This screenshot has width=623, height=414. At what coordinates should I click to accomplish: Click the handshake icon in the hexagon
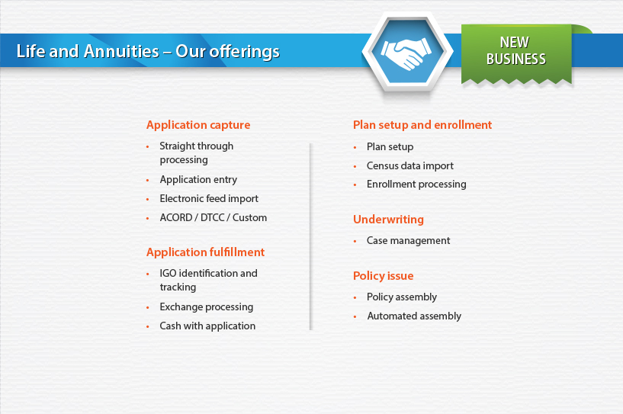(x=406, y=53)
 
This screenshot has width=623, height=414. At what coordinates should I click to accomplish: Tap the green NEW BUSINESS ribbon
(x=516, y=54)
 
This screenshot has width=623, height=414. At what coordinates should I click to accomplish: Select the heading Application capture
(x=198, y=125)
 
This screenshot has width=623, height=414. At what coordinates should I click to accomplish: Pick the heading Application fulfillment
(x=205, y=252)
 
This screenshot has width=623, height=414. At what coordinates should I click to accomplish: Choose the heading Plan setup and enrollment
(x=422, y=125)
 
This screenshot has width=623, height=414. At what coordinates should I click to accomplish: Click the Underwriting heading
(x=388, y=220)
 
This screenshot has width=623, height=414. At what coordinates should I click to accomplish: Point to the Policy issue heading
(x=383, y=276)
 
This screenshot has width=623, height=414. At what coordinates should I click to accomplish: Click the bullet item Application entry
(x=198, y=180)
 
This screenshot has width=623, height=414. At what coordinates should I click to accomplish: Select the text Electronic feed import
(x=209, y=199)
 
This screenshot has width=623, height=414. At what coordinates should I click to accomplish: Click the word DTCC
(x=212, y=218)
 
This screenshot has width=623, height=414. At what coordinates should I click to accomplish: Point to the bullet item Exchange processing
(x=206, y=307)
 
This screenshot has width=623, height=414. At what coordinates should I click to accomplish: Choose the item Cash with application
(x=207, y=326)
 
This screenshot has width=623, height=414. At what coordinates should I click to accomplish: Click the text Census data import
(x=410, y=166)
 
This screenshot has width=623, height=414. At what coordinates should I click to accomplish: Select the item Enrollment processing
(x=416, y=185)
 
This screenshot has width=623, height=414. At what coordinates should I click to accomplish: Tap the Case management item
(x=408, y=241)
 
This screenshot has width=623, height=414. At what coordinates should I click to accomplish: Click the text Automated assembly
(x=414, y=316)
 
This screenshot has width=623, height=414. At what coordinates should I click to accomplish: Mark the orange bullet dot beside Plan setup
(x=355, y=148)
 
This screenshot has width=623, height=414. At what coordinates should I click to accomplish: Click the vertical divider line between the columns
(x=310, y=237)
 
